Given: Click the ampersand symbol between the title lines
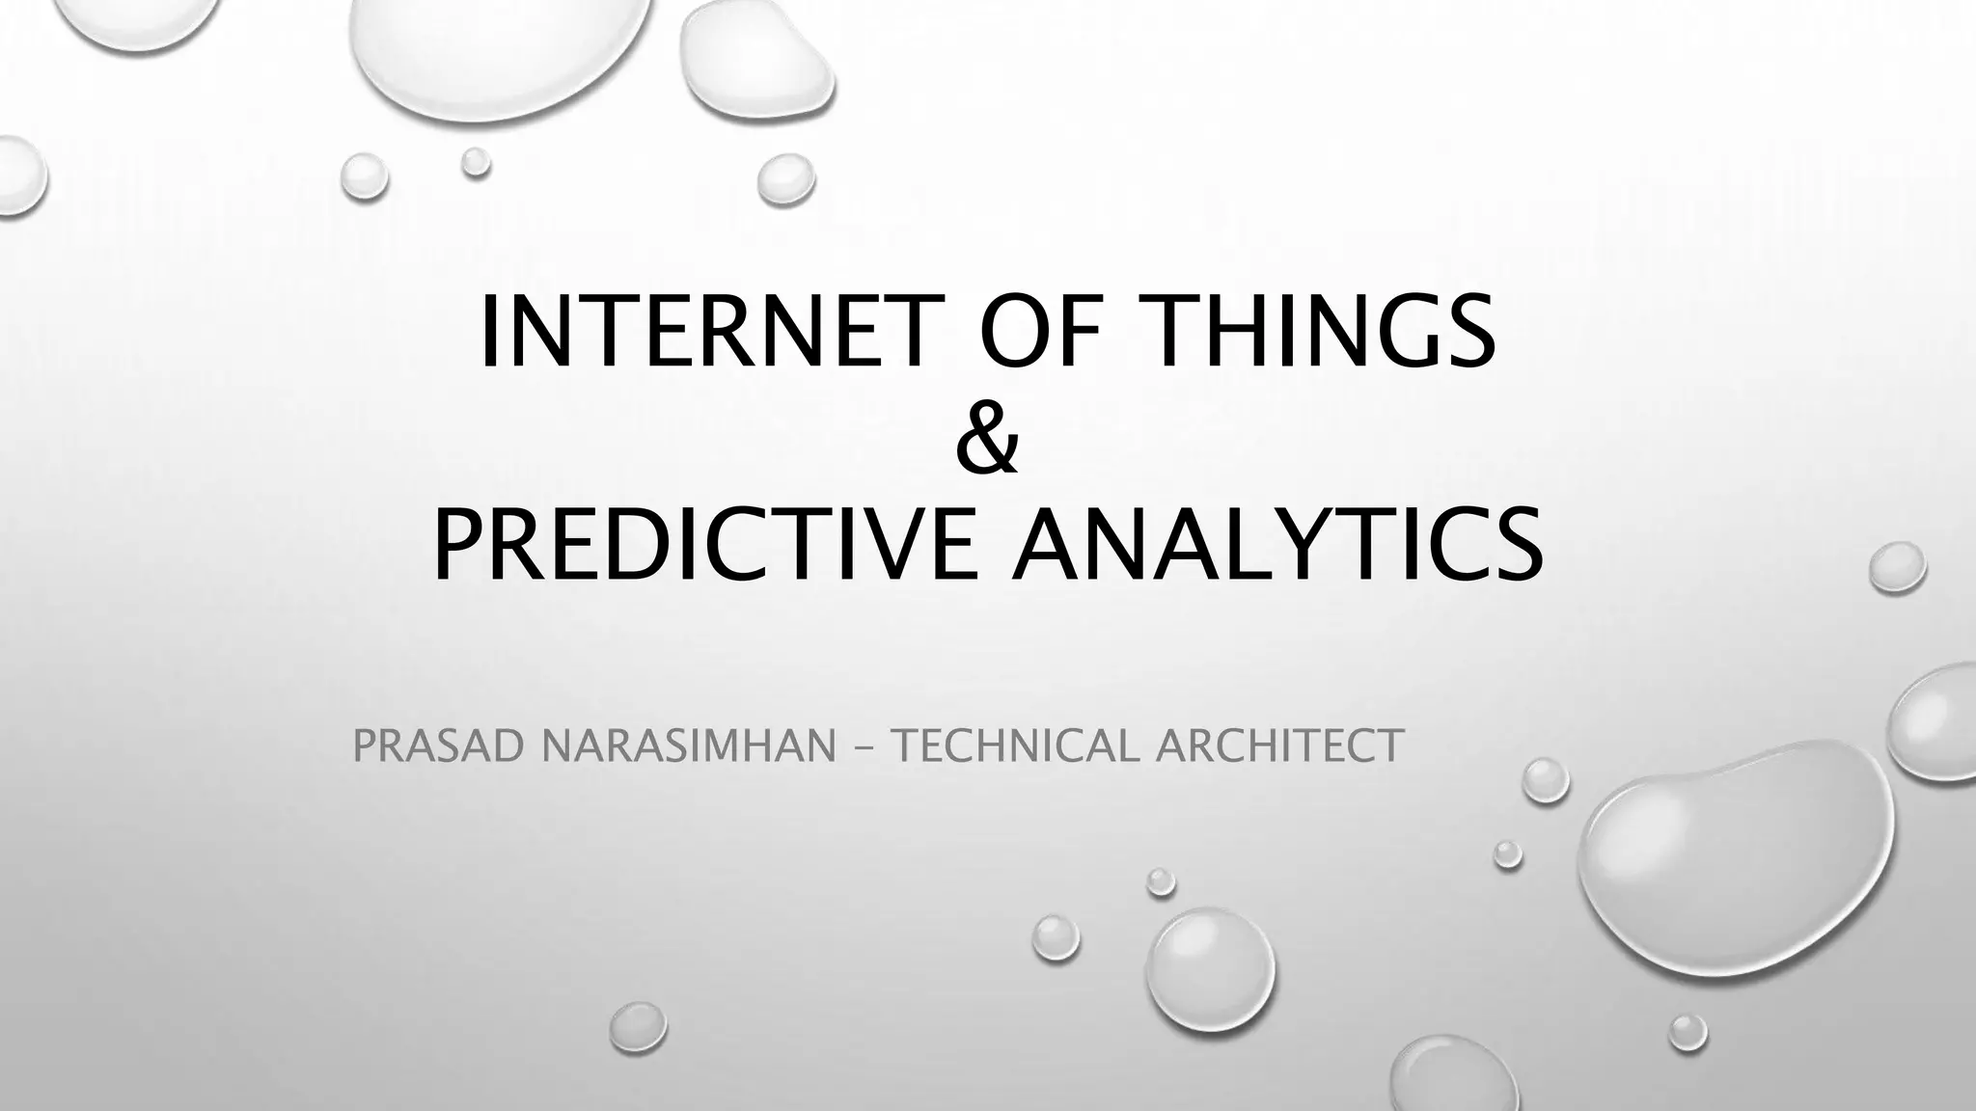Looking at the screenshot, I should pyautogui.click(x=987, y=439).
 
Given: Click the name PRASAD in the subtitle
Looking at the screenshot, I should pyautogui.click(x=438, y=746).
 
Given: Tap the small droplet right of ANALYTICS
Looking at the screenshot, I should pyautogui.click(x=1897, y=567).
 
